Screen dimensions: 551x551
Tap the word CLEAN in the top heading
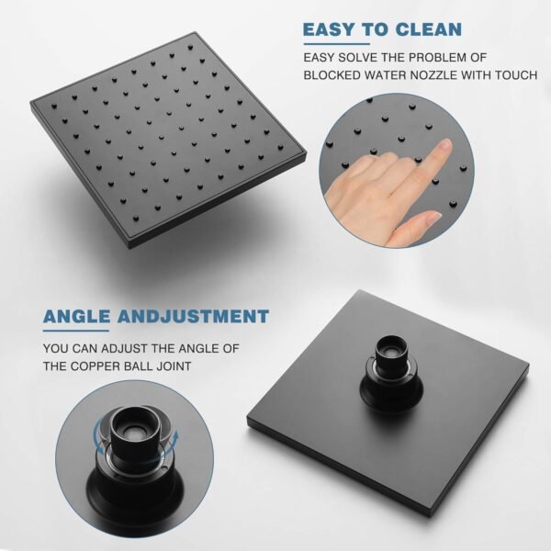[x=428, y=29]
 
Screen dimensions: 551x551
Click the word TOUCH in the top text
[x=516, y=75]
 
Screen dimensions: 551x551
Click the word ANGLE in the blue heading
[x=76, y=316]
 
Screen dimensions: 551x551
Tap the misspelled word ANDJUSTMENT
[x=193, y=316]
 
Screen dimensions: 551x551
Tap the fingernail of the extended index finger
[x=445, y=145]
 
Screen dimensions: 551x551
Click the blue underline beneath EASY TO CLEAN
[x=337, y=44]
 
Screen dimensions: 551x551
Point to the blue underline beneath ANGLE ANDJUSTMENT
[x=76, y=331]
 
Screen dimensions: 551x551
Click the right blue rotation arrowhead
[x=175, y=435]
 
